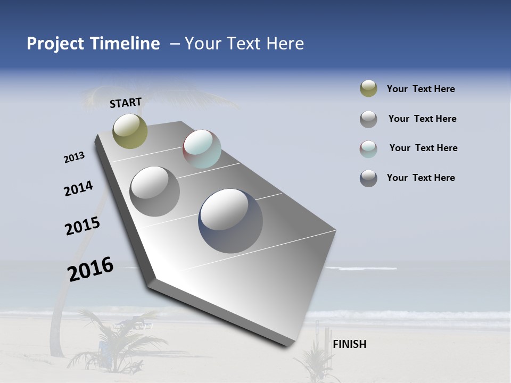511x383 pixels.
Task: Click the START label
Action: pos(126,103)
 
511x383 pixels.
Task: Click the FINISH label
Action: pos(349,344)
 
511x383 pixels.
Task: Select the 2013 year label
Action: pos(75,157)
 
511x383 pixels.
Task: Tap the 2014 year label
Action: pos(79,188)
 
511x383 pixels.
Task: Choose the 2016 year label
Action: pos(90,269)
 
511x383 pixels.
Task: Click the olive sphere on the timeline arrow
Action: pos(130,131)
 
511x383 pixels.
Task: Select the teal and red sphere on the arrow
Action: pos(202,149)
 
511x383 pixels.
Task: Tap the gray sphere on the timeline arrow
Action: pos(154,191)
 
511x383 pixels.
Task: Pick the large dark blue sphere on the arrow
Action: pos(230,221)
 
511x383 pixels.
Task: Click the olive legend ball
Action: pos(368,89)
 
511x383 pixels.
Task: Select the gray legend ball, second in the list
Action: pos(368,119)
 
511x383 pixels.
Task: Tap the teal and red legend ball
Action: pos(368,148)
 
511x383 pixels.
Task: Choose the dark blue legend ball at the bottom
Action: pos(368,178)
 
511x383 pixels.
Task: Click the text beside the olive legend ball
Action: pos(421,89)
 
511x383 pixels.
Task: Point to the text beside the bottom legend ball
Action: pos(421,178)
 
